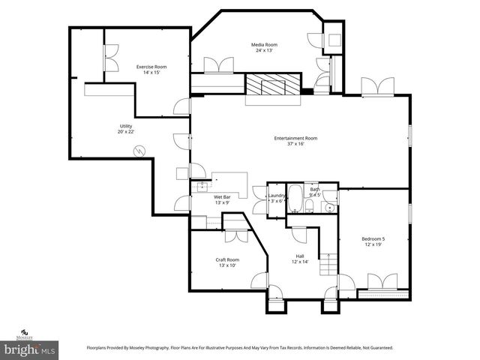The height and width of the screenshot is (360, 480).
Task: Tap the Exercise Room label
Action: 151,67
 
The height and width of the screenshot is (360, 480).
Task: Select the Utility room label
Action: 125,125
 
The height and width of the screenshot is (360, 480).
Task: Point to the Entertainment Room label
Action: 295,138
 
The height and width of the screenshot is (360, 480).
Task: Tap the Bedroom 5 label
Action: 373,239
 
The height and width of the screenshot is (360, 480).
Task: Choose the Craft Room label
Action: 228,259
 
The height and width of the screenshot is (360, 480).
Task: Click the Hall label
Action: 300,256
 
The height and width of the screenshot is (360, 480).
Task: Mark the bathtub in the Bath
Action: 295,199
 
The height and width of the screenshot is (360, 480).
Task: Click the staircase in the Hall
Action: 328,264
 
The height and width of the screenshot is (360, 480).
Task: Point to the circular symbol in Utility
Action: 138,151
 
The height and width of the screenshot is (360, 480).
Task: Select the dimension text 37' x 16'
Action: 295,144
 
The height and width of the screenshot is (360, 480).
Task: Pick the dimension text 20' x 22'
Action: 125,131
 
